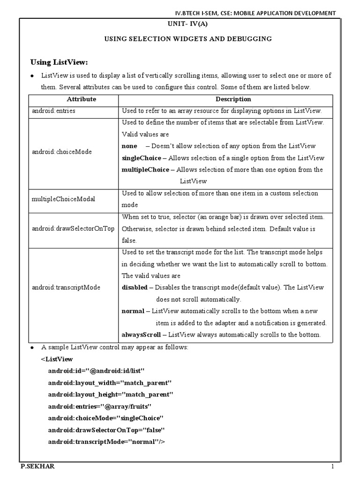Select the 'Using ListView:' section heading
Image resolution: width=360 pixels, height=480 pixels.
(59, 62)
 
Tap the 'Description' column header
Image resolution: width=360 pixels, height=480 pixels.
(233, 99)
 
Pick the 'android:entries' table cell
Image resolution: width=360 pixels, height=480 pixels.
(54, 111)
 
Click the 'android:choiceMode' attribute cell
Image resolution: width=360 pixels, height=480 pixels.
(62, 152)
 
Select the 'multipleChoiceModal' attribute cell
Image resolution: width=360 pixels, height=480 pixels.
(63, 199)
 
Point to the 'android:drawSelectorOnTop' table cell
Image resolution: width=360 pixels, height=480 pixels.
(73, 229)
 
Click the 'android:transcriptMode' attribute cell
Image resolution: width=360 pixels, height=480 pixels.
(66, 287)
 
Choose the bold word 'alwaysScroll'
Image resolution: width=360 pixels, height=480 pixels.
(141, 335)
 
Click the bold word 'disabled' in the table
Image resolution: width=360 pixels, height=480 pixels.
(134, 287)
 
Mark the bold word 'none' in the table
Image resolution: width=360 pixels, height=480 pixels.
(129, 146)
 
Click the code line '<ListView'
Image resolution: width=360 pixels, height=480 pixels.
(57, 359)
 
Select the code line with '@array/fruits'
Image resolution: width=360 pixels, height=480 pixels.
(100, 406)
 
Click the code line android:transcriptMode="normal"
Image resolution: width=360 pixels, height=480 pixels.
(107, 442)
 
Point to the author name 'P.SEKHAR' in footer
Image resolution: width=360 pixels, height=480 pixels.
(34, 467)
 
